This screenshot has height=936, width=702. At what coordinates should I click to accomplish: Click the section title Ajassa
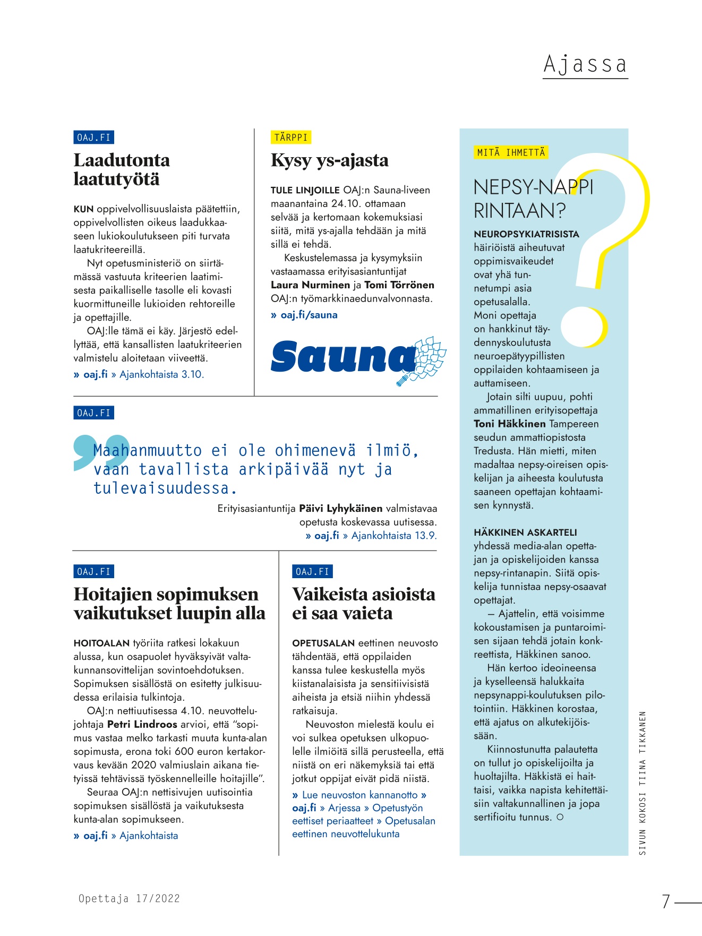pos(585,65)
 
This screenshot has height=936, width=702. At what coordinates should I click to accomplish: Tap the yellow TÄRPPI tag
pos(290,138)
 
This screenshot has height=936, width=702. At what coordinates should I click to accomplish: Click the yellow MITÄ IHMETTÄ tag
pos(511,153)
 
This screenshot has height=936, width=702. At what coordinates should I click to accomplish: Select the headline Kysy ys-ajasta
pos(329,160)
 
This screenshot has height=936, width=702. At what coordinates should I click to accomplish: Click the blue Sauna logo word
pos(343,357)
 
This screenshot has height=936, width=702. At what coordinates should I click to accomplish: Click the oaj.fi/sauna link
pos(309,315)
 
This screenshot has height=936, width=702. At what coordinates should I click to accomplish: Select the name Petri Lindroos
pos(142,724)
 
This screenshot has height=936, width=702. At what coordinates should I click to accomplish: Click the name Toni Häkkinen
pos(510,424)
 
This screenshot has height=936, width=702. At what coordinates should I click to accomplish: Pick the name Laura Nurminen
pos(311,285)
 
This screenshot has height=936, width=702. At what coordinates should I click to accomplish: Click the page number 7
pos(666,901)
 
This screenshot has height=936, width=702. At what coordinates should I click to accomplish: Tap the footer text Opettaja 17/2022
pos(129,899)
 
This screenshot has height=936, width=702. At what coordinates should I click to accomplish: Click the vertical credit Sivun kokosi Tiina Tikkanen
pos(643,783)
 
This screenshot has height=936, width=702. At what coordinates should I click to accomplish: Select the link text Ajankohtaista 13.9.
pos(394,536)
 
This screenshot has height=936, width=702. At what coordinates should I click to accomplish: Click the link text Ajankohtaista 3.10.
pos(161,374)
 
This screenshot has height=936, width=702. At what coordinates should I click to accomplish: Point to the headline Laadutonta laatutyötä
pos(122,169)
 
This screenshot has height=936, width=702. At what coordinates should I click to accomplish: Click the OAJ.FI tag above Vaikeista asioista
pos(312,572)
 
